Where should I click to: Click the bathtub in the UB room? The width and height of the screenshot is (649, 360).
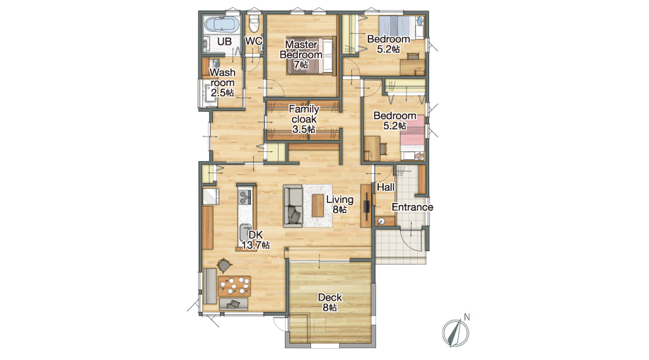222,25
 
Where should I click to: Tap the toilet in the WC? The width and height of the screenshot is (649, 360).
254,23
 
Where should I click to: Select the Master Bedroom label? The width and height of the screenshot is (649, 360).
301,54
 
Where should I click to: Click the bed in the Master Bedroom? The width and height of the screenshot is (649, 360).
310,56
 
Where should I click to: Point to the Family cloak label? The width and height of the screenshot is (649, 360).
304,119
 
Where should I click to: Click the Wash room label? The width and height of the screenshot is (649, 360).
222,83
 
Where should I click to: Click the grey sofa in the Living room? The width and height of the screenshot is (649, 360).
293,206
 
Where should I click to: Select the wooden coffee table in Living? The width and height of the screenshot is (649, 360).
318,206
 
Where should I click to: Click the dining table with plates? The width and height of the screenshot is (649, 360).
234,286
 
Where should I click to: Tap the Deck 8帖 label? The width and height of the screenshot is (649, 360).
330,303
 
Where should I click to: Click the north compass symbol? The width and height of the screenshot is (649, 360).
455,332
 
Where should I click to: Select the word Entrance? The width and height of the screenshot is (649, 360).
412,207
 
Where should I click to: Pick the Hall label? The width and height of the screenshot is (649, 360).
385,187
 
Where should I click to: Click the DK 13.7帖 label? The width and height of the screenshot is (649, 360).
256,240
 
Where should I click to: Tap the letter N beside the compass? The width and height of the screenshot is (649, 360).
467,318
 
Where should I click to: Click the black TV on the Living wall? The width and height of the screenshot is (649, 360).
367,206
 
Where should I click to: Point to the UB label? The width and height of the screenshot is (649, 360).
224,42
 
